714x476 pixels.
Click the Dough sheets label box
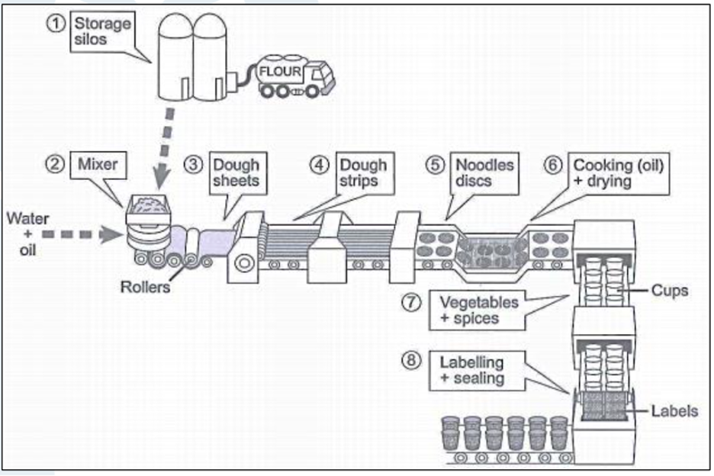[235, 173]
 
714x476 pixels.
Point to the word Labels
[674, 411]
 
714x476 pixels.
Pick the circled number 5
[436, 165]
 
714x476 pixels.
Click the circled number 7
[411, 302]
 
